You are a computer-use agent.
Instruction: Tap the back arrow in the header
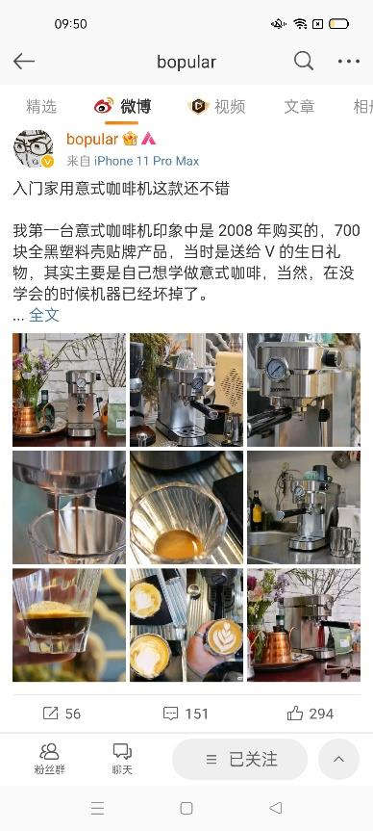point(24,62)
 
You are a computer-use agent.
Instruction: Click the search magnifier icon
point(304,62)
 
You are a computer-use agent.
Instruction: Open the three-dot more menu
point(349,62)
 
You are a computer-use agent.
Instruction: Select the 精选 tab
point(41,107)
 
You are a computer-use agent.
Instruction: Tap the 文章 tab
point(300,107)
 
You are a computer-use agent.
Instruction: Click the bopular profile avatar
point(33,149)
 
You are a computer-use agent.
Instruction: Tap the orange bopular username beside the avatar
point(92,139)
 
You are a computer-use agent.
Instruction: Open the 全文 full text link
point(44,315)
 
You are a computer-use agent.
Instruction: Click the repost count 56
point(62,714)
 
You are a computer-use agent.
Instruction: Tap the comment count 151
point(186,714)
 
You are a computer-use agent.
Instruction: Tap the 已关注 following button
point(239,759)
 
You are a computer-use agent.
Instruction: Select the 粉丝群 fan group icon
point(49,759)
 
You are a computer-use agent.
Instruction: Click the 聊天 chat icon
point(122,759)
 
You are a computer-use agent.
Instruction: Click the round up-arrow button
point(338,759)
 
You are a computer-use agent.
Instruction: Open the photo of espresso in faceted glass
point(69,625)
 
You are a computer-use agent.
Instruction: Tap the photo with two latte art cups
point(186,625)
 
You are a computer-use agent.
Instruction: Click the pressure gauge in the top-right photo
point(278,369)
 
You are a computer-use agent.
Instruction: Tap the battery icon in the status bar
point(338,24)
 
